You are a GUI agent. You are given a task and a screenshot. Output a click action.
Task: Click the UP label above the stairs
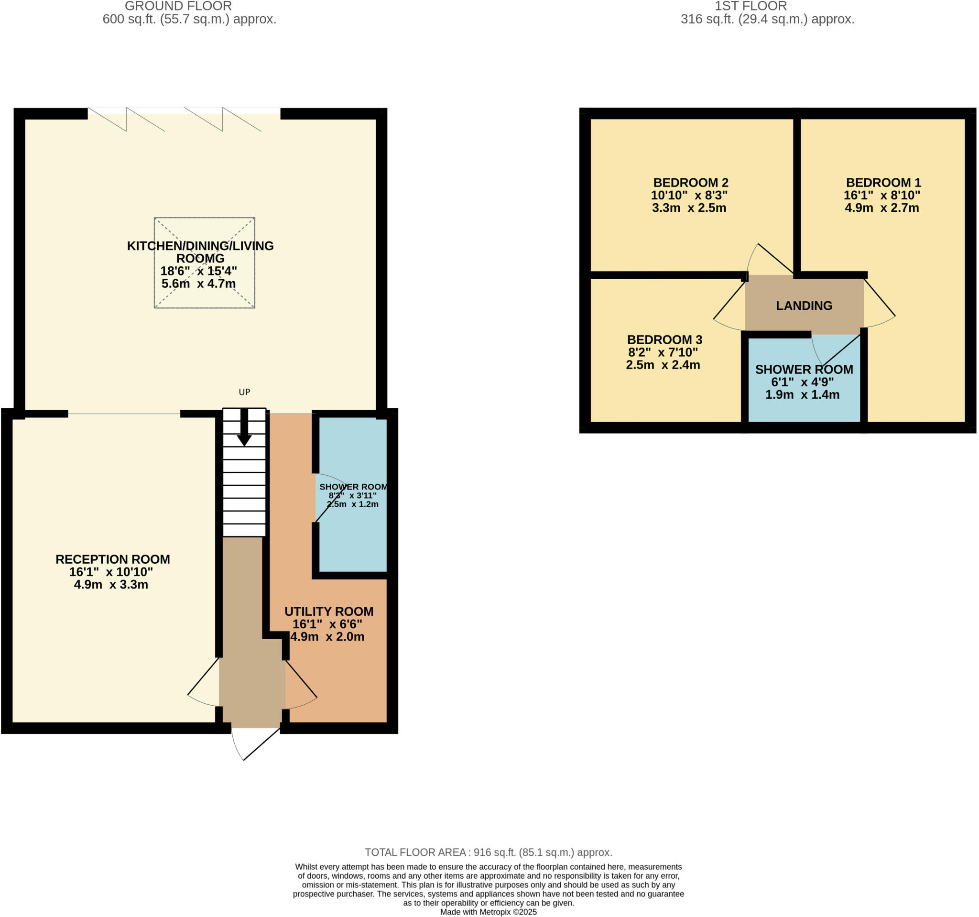pos(244,392)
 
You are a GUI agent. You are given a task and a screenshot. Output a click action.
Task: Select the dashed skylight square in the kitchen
pos(205,263)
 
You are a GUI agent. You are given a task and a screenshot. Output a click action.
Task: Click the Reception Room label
pos(113,559)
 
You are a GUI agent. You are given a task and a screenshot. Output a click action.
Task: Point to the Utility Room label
pos(329,611)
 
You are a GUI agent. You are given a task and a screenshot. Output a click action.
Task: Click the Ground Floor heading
pos(178,6)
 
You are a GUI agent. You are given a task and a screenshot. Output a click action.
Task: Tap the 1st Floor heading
pos(751,6)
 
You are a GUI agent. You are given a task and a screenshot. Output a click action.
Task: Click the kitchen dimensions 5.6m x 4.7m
pos(198,284)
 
